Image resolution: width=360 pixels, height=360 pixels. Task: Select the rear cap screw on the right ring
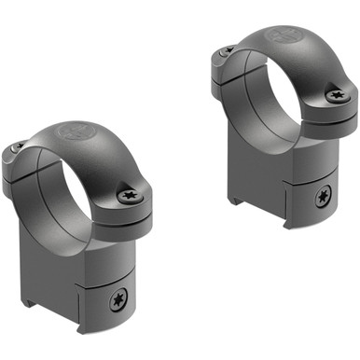click(224, 50)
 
